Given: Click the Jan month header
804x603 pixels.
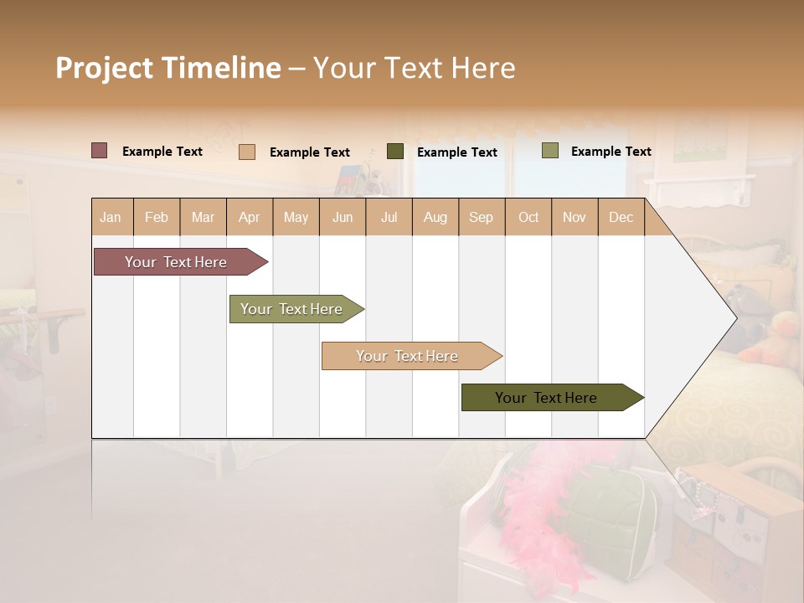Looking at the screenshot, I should tap(111, 217).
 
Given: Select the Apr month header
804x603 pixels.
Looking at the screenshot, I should tap(249, 217).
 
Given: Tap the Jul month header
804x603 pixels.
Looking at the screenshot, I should tap(389, 217).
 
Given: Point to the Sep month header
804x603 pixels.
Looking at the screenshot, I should tap(481, 217).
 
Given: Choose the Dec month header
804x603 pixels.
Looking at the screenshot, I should tap(621, 217).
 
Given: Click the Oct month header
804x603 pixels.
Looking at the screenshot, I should tap(528, 217).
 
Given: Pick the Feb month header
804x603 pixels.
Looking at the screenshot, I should tap(157, 217).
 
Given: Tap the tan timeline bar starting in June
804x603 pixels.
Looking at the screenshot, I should tap(408, 356).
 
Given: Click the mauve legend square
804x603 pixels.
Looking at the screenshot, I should tap(99, 151).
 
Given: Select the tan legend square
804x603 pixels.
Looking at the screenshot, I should tap(246, 152).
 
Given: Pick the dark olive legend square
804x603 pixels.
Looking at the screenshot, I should tap(394, 151).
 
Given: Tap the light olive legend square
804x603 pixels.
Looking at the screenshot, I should tap(549, 151).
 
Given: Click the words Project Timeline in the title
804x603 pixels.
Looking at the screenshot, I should tap(167, 68).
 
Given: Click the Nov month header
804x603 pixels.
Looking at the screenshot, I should tap(574, 217).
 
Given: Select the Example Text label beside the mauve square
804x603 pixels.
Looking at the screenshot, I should tap(162, 152).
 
